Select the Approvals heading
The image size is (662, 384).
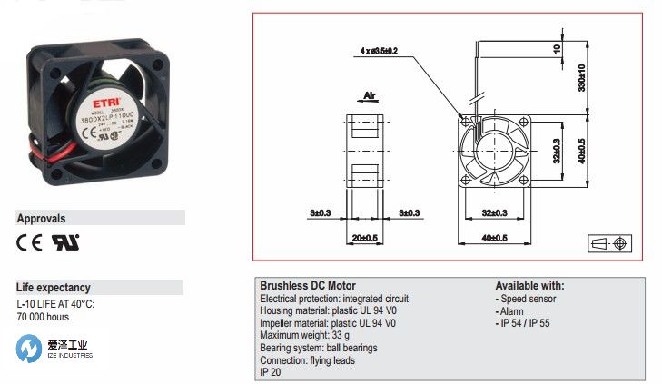[41, 218]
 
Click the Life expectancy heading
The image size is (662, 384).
[53, 287]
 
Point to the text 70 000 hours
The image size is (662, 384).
[43, 317]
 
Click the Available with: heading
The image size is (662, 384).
[529, 285]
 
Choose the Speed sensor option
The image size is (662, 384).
[528, 298]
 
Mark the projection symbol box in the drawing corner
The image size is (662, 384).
[608, 244]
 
